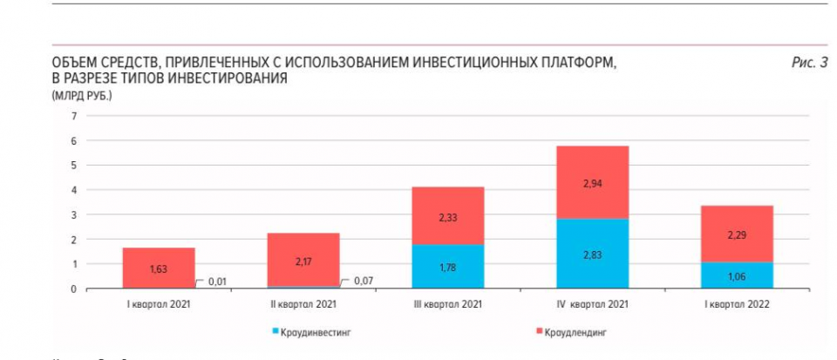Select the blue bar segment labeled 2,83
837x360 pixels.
[x=592, y=253]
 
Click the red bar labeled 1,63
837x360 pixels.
[x=159, y=268]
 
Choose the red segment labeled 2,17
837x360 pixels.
[x=303, y=259]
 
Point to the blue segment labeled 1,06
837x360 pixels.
[x=737, y=275]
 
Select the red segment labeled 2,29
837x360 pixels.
[x=737, y=234]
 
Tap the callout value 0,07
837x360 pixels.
[x=363, y=281]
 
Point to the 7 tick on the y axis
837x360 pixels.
[x=74, y=116]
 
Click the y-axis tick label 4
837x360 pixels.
[x=74, y=190]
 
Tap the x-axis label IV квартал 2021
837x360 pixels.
[x=592, y=304]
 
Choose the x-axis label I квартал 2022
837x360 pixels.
[x=737, y=304]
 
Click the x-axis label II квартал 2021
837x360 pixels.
[x=303, y=304]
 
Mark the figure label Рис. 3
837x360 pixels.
[x=808, y=63]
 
